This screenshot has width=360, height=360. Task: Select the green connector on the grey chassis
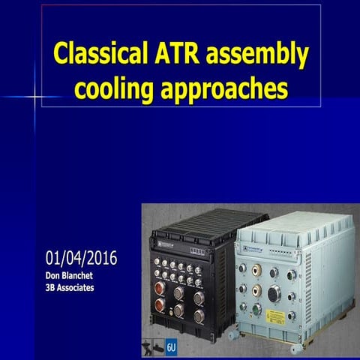pos(256,308)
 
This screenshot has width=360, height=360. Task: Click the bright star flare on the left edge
pos(34,97)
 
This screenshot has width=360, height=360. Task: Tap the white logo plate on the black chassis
pos(164,243)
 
